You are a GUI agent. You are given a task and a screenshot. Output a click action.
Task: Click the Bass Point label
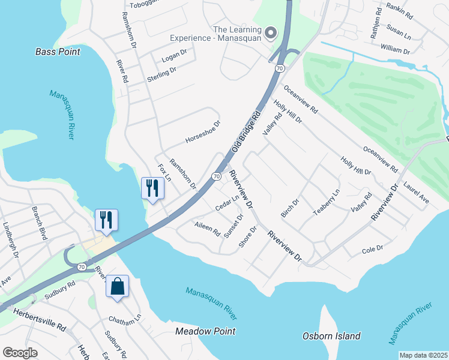point(58,52)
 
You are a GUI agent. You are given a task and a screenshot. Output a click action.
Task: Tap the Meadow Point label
point(205,331)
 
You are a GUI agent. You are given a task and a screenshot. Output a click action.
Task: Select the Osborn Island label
point(331,336)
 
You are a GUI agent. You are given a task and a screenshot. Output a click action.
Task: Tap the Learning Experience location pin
point(271,33)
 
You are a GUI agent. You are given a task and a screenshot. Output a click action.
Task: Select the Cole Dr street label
point(373,248)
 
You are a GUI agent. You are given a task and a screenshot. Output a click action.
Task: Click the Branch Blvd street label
point(40,223)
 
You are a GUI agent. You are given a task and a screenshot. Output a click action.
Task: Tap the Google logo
point(20,353)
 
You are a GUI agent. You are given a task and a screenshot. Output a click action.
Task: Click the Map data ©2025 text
point(423,355)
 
